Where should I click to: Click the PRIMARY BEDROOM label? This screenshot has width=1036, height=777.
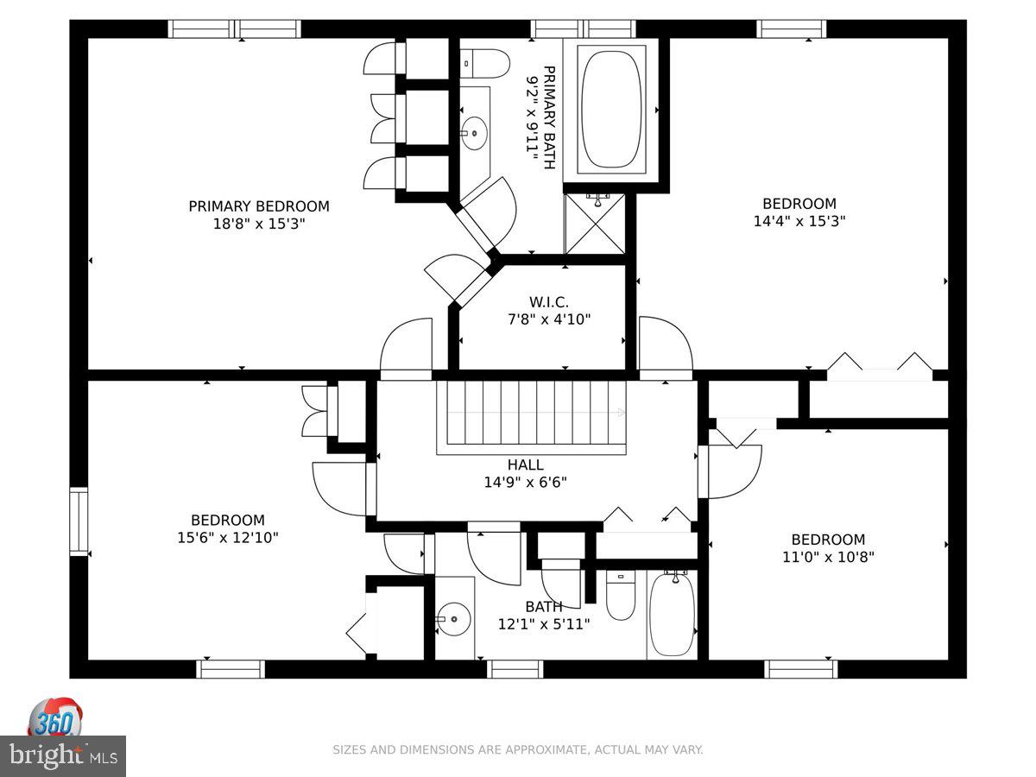(259, 206)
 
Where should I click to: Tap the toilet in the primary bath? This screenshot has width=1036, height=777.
(484, 63)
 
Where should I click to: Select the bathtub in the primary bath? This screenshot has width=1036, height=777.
(611, 110)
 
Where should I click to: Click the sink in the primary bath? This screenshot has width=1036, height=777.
(473, 134)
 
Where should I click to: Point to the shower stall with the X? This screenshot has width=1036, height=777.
(595, 224)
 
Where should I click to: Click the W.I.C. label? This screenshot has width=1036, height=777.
(549, 302)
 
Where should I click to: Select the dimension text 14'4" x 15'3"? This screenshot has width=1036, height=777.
(799, 221)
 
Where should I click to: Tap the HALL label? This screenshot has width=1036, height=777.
(525, 464)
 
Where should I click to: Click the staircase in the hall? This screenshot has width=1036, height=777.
(532, 417)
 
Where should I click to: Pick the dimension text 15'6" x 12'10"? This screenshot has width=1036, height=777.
(228, 537)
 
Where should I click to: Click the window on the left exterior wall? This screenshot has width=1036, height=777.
(79, 521)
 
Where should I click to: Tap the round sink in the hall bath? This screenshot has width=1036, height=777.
(453, 619)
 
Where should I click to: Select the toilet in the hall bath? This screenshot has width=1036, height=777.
(621, 596)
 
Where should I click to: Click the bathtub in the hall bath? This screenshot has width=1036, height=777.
(672, 614)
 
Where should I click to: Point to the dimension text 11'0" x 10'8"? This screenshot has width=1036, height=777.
(828, 557)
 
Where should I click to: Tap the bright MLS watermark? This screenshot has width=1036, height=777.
(63, 756)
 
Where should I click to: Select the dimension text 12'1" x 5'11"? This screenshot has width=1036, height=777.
(544, 624)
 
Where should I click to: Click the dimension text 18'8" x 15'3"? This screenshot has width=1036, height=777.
(259, 223)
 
